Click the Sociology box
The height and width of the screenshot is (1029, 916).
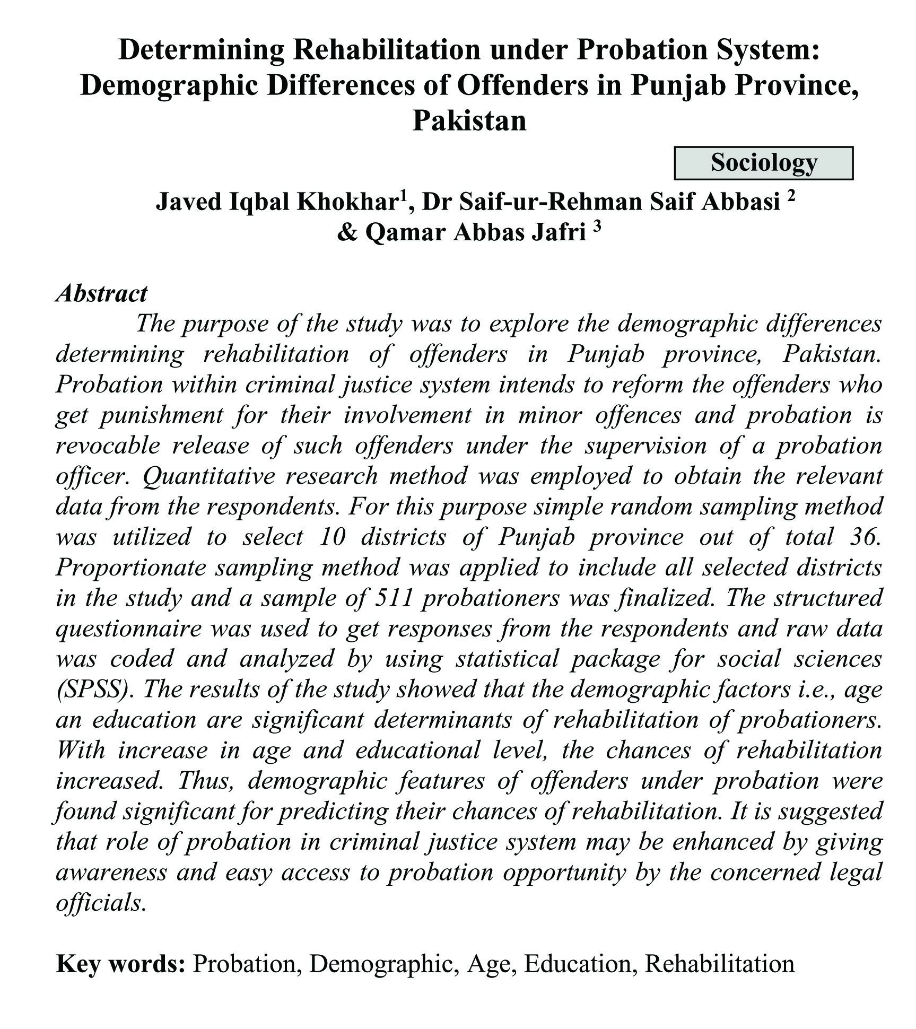[763, 163]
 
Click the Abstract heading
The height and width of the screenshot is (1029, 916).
[101, 293]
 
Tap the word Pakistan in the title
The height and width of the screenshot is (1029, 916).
[469, 120]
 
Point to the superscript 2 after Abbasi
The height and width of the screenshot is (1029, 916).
[791, 197]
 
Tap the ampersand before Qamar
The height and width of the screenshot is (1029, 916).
[347, 233]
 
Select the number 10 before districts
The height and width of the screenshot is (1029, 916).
[332, 537]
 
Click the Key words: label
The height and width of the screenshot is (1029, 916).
[120, 964]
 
